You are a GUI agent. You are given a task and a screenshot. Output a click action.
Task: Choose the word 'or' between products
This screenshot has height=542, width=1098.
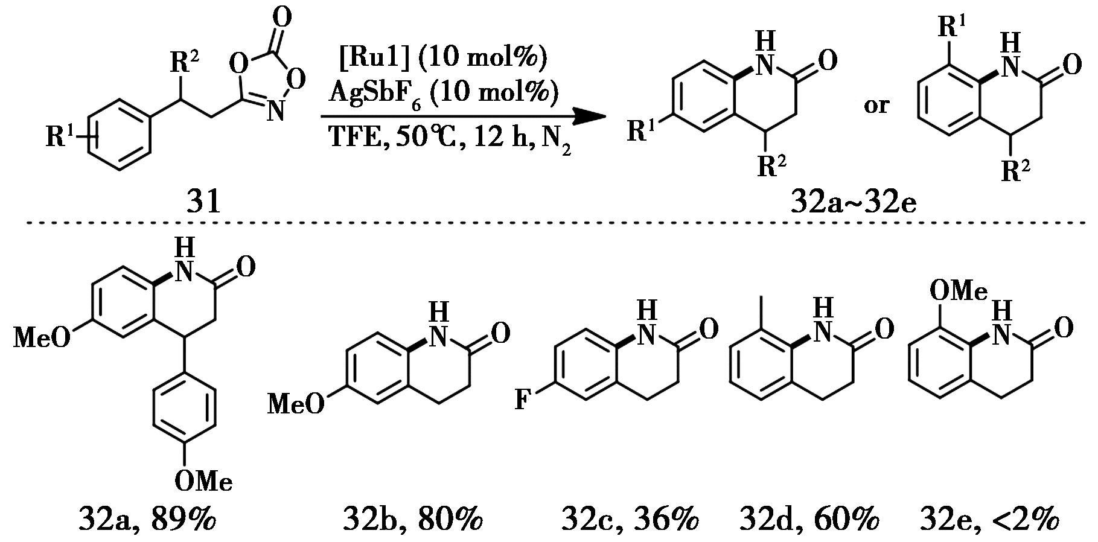pos(876,106)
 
